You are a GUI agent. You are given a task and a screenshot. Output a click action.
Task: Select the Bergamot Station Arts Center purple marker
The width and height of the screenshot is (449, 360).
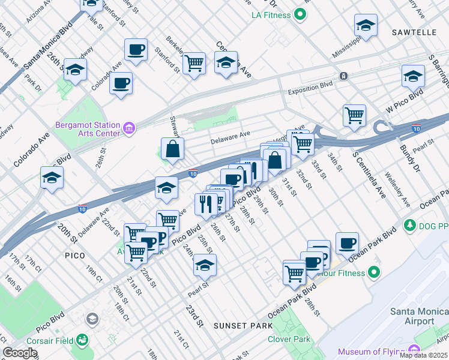click(x=128, y=128)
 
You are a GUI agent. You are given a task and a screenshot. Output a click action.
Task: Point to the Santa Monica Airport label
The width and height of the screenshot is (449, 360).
click(x=418, y=316)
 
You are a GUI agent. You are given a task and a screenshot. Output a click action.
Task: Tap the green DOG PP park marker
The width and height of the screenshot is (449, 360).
click(x=410, y=225)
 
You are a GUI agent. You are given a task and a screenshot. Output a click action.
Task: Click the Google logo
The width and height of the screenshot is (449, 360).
click(x=20, y=353)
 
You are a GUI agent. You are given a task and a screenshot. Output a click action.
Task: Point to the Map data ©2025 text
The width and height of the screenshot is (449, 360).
click(x=424, y=355)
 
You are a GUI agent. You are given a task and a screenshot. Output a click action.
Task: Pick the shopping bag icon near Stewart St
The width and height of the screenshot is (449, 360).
click(x=172, y=149)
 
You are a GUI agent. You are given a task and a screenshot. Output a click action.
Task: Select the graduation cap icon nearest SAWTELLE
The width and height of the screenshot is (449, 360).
click(x=366, y=26)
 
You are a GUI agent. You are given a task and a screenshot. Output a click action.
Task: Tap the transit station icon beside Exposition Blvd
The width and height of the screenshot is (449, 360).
click(x=343, y=76)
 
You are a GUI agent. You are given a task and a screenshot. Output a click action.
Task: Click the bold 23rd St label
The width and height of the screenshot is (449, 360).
click(x=193, y=316)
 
